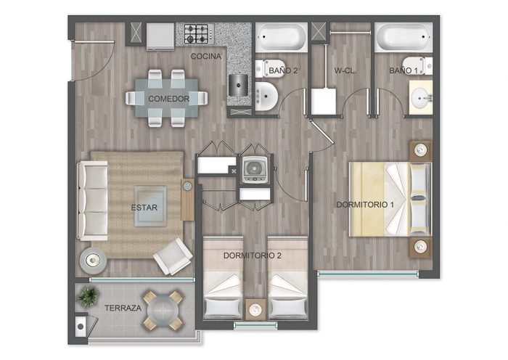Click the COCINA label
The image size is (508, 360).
click(206, 57)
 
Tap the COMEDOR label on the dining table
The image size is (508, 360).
click(169, 99)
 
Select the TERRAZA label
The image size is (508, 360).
click(123, 308)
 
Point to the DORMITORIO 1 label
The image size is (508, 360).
click(365, 205)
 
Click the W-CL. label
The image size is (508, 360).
click(345, 70)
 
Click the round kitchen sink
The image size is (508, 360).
click(239, 85)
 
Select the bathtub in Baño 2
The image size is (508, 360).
click(282, 37)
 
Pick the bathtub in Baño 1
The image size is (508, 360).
click(403, 37)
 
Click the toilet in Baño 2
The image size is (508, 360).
click(269, 68)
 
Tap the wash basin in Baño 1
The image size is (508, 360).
click(421, 97)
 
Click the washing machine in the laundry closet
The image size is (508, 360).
click(255, 170)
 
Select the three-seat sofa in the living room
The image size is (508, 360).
click(93, 201)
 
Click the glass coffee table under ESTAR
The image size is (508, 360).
click(150, 206)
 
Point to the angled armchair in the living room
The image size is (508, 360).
click(173, 256)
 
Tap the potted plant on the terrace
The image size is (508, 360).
click(88, 296)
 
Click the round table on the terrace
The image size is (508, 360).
click(163, 311)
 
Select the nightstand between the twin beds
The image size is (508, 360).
click(255, 310)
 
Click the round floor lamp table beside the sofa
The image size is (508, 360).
click(94, 260)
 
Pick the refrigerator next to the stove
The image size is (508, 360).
click(160, 36)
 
